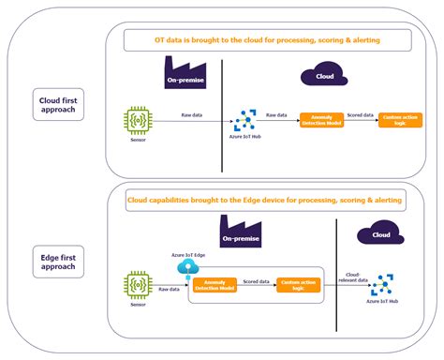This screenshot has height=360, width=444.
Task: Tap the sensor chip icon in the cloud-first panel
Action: (139, 121)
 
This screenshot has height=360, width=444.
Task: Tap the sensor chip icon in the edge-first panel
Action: (139, 284)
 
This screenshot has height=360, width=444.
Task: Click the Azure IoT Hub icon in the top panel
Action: (247, 120)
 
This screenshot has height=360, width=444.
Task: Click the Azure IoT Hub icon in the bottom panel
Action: (381, 285)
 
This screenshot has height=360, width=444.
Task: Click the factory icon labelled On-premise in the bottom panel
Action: (246, 234)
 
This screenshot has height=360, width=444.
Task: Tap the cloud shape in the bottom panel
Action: (379, 234)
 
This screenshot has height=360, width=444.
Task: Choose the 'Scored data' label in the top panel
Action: (361, 114)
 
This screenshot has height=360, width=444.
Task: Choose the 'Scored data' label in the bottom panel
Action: (257, 279)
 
